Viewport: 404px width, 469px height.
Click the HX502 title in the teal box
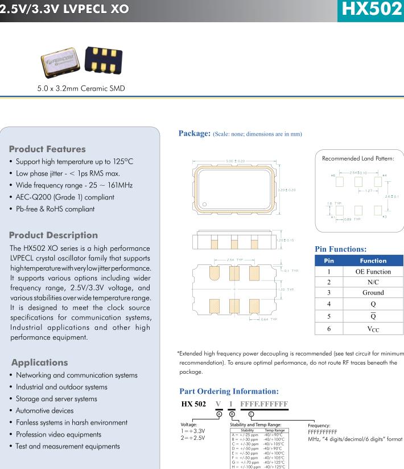coord(369,10)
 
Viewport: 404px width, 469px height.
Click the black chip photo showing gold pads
coord(103,60)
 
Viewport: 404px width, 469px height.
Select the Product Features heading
coord(47,149)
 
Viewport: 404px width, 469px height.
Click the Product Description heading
coord(53,235)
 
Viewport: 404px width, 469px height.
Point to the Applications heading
coord(39,362)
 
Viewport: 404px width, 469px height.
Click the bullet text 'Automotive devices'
coord(44,410)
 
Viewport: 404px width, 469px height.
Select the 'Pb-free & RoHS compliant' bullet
coord(55,209)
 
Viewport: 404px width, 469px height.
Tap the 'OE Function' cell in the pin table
coord(373,271)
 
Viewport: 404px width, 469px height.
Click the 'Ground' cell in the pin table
coord(373,293)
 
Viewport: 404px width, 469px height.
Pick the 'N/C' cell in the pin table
coord(373,282)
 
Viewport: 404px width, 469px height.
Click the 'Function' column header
coord(373,260)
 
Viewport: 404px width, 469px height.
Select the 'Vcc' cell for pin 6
coord(373,329)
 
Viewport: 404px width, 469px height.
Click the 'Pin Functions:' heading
coord(340,249)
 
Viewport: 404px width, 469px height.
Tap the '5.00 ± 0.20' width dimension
coord(235,161)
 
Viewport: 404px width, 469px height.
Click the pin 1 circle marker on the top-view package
coord(205,203)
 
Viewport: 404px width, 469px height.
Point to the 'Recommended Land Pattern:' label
coord(358,158)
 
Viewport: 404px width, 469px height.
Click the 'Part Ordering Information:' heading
coord(229,391)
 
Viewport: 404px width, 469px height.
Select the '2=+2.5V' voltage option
coord(193,438)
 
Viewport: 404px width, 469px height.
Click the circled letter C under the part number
coord(252,413)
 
